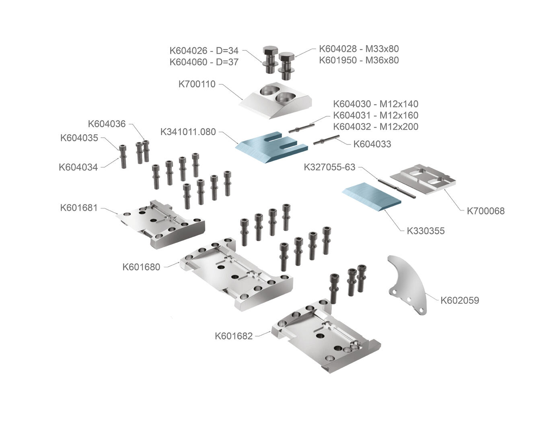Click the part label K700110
tap(197, 84)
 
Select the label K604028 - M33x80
tap(359, 49)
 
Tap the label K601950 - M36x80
tap(359, 60)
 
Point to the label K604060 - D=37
tap(204, 62)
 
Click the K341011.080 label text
tap(188, 132)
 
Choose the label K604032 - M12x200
tap(376, 126)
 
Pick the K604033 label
tap(372, 144)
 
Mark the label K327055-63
tap(329, 167)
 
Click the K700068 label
tap(485, 210)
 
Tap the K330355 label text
tap(426, 231)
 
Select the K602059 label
tap(460, 300)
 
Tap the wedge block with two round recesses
tap(275, 101)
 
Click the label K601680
tap(141, 266)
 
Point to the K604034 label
tap(78, 167)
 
